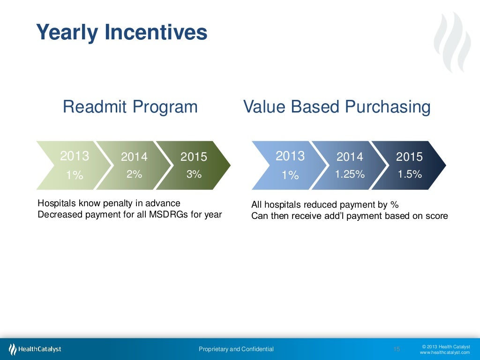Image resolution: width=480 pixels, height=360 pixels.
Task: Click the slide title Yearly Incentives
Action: coord(122,32)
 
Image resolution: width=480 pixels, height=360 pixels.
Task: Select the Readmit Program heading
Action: coord(130,107)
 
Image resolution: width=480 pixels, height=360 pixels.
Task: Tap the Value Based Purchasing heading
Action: coord(337,107)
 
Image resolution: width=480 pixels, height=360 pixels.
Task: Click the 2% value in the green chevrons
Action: coord(134,174)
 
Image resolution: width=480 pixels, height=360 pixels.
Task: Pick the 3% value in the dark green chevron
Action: coord(194,174)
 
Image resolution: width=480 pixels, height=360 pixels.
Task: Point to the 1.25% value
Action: coord(350,174)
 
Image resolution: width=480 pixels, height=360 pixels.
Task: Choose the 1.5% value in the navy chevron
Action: coord(410,174)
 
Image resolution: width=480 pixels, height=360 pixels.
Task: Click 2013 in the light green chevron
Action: coord(75,156)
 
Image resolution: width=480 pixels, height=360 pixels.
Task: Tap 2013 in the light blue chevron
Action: coord(290,156)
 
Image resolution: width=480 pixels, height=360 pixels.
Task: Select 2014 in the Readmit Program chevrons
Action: coord(134,157)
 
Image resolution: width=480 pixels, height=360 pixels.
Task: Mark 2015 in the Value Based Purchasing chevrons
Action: coord(409,157)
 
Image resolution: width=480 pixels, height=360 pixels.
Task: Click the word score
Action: coord(437,216)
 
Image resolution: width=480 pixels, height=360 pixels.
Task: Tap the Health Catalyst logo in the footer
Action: coord(35,349)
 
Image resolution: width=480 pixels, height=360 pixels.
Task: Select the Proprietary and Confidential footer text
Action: coord(236,349)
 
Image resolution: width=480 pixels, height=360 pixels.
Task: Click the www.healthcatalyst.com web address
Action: coord(444,352)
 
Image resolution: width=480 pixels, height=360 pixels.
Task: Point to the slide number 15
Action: coord(397,349)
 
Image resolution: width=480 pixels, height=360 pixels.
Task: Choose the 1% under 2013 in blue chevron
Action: coord(290,175)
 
